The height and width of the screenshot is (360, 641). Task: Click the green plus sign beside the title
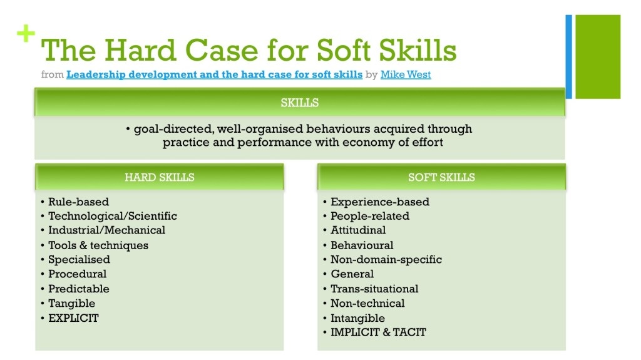[x=26, y=34]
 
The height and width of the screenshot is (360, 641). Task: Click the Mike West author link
[x=406, y=75]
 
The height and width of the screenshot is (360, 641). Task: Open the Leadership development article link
[x=214, y=75]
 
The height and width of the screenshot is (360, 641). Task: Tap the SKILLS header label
[x=300, y=103]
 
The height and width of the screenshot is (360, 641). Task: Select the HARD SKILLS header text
[x=160, y=177]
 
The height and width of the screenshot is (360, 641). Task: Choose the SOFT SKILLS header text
[x=441, y=177]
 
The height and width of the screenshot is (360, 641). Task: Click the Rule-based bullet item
[x=78, y=202]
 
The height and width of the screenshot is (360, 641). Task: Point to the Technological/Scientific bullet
[x=113, y=216]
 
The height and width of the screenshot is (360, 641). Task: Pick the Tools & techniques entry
[x=98, y=245]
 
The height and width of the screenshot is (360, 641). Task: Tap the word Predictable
[x=79, y=289]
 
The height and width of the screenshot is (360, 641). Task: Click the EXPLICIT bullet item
[x=74, y=318]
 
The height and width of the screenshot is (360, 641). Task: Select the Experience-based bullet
[x=380, y=202]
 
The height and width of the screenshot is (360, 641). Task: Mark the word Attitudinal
[x=358, y=230]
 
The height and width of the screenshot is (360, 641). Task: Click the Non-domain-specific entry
[x=386, y=260]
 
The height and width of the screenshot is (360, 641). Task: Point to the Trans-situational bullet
[x=374, y=289]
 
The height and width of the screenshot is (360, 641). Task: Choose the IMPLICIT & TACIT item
[x=378, y=332]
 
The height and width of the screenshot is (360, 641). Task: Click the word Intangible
[x=357, y=318]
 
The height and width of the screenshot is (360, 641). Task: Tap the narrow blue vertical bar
[x=568, y=57]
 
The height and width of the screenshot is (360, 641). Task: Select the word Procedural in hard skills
[x=77, y=274]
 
